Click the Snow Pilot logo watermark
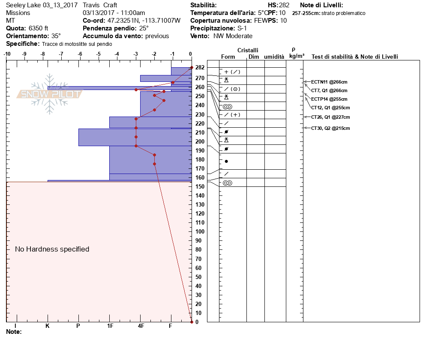[x=49, y=94]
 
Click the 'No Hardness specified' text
[x=52, y=249]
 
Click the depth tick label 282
[x=200, y=68]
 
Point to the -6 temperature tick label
[x=80, y=54]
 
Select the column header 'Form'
[x=228, y=57]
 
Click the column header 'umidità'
[x=274, y=57]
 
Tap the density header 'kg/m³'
[x=297, y=56]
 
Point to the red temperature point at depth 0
[x=191, y=322]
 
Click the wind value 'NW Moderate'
[x=233, y=36]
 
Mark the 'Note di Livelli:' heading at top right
[x=321, y=5]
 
